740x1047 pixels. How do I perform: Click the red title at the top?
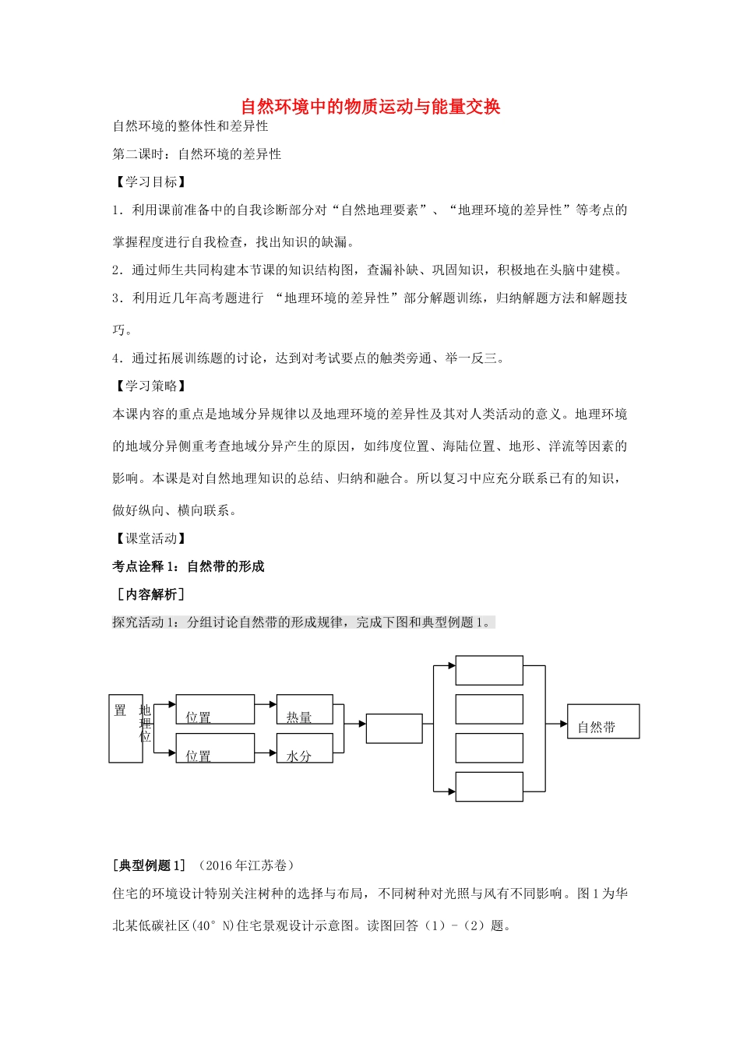point(370,107)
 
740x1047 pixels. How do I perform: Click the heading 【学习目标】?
point(151,182)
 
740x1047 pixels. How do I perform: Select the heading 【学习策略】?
point(151,386)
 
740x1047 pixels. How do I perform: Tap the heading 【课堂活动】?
point(151,538)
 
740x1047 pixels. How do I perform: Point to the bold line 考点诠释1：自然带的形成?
point(189,566)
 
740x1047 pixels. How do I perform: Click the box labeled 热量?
point(305,710)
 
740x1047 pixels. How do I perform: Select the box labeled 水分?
point(305,748)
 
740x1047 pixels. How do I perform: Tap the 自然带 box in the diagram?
point(603,721)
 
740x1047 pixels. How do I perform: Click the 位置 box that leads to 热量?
point(215,710)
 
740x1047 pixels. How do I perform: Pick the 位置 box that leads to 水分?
point(215,748)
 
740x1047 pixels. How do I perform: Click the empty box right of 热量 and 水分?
point(394,728)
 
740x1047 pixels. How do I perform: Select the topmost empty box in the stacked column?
point(488,670)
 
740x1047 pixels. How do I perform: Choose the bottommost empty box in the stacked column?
point(488,787)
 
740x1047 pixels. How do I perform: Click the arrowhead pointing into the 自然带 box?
point(562,724)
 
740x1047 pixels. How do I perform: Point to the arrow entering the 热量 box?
point(272,704)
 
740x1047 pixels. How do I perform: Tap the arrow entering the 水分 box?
point(272,753)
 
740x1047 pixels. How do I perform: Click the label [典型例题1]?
point(150,865)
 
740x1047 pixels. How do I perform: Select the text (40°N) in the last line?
point(213,925)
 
